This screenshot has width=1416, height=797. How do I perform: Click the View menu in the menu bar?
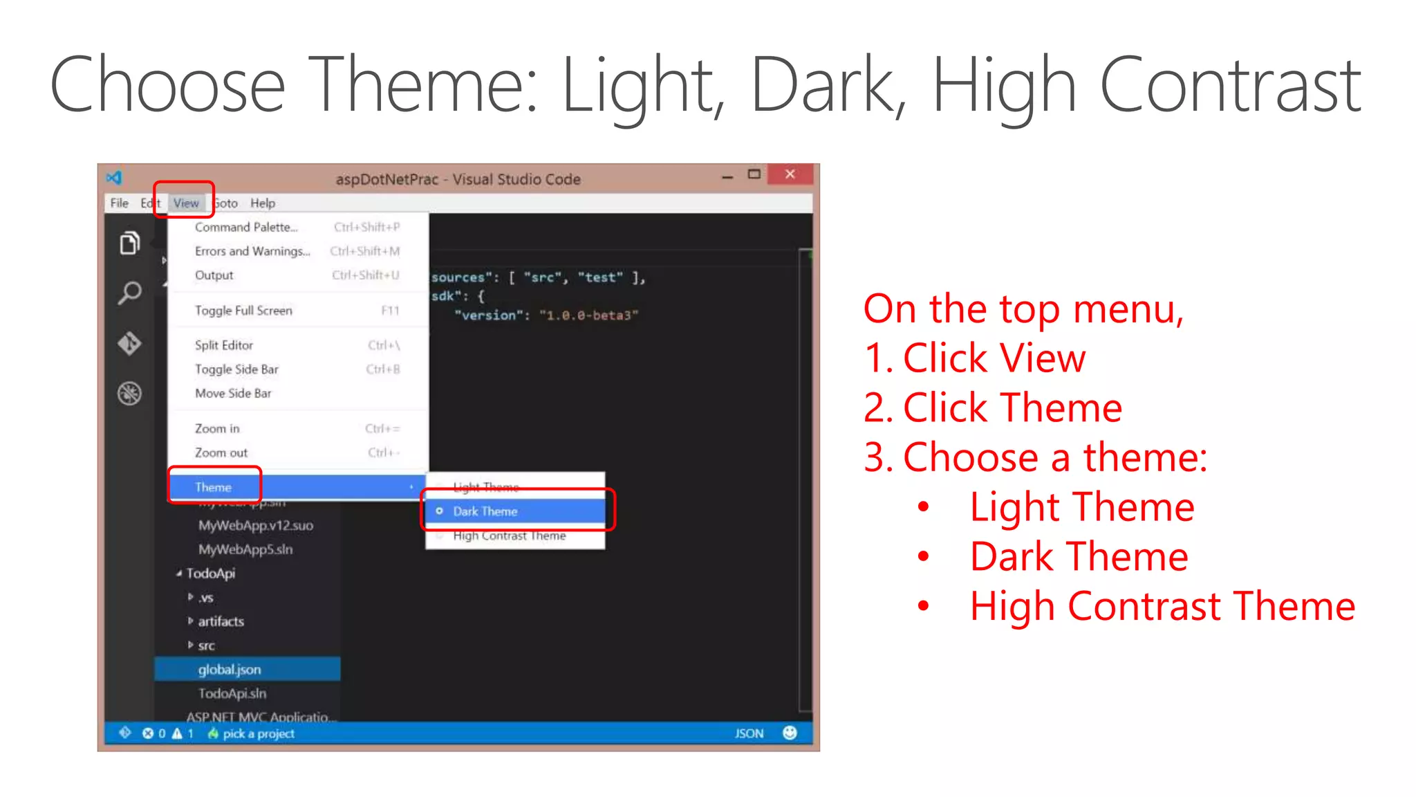click(x=186, y=203)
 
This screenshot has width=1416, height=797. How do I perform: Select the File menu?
click(x=120, y=203)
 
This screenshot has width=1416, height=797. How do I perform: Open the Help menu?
click(x=263, y=203)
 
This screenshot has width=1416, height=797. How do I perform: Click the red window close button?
click(x=790, y=174)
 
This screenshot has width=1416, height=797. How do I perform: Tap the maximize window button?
click(x=754, y=174)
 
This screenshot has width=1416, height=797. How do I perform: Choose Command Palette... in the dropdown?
click(x=246, y=227)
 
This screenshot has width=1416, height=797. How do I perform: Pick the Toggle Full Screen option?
click(x=243, y=311)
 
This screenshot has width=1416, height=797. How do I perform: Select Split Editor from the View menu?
click(x=224, y=345)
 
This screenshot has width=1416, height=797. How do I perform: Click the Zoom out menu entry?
click(x=221, y=452)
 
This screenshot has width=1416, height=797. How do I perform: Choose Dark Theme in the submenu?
click(x=485, y=511)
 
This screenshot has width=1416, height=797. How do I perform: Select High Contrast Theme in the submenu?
click(x=510, y=535)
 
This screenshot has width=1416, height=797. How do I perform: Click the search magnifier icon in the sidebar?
click(x=129, y=293)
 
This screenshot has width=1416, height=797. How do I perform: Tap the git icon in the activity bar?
click(x=129, y=343)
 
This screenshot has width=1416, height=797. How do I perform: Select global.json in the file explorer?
click(x=230, y=669)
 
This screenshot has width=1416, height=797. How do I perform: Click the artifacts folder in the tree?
click(x=221, y=621)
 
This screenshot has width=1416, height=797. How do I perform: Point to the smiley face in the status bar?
click(x=790, y=733)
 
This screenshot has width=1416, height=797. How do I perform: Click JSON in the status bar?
click(x=749, y=733)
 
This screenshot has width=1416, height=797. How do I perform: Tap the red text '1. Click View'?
click(x=975, y=358)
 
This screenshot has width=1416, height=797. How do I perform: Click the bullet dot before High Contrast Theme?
click(x=923, y=606)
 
